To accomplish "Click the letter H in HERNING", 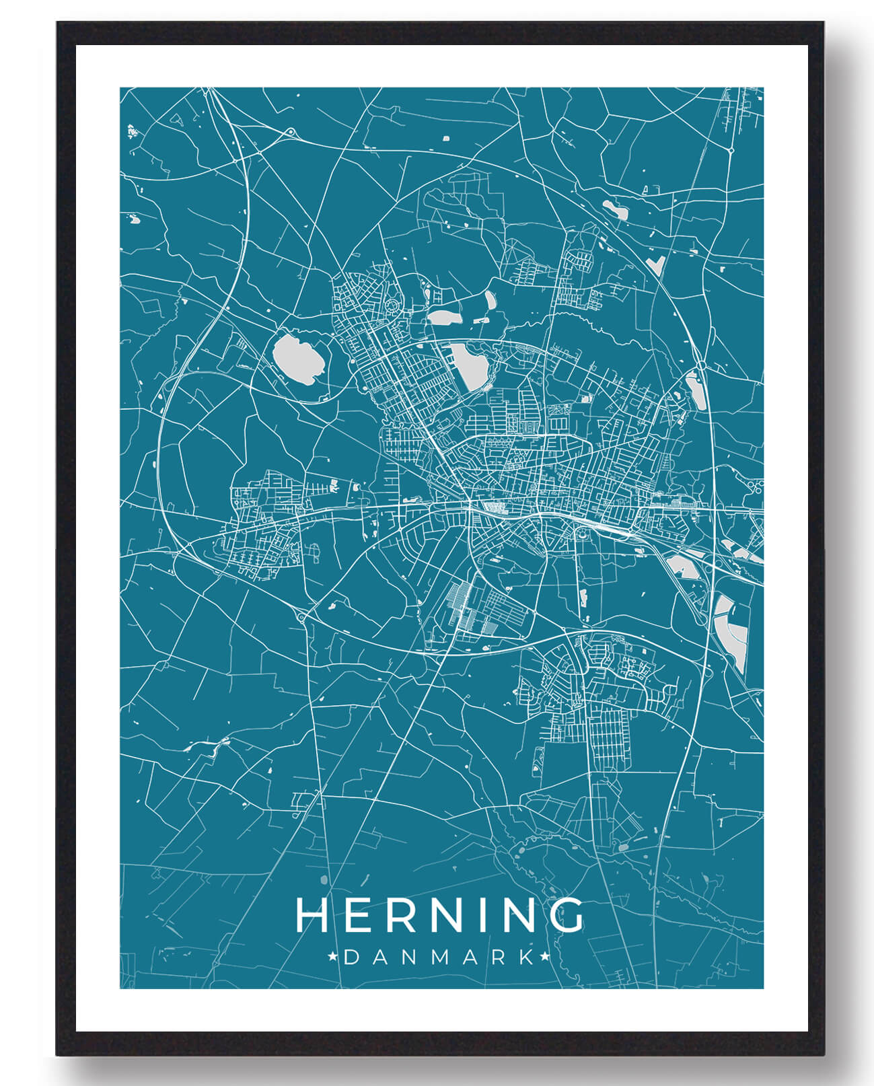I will (x=312, y=915).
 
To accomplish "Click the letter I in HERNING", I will (x=478, y=915).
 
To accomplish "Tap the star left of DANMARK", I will (x=332, y=956).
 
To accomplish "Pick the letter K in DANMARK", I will (x=527, y=957).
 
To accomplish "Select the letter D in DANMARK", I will (x=351, y=957).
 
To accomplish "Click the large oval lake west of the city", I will (x=299, y=361).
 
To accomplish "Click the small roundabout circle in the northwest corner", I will (x=290, y=132).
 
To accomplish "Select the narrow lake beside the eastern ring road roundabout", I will (x=693, y=390).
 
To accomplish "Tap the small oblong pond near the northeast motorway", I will (x=616, y=210).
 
